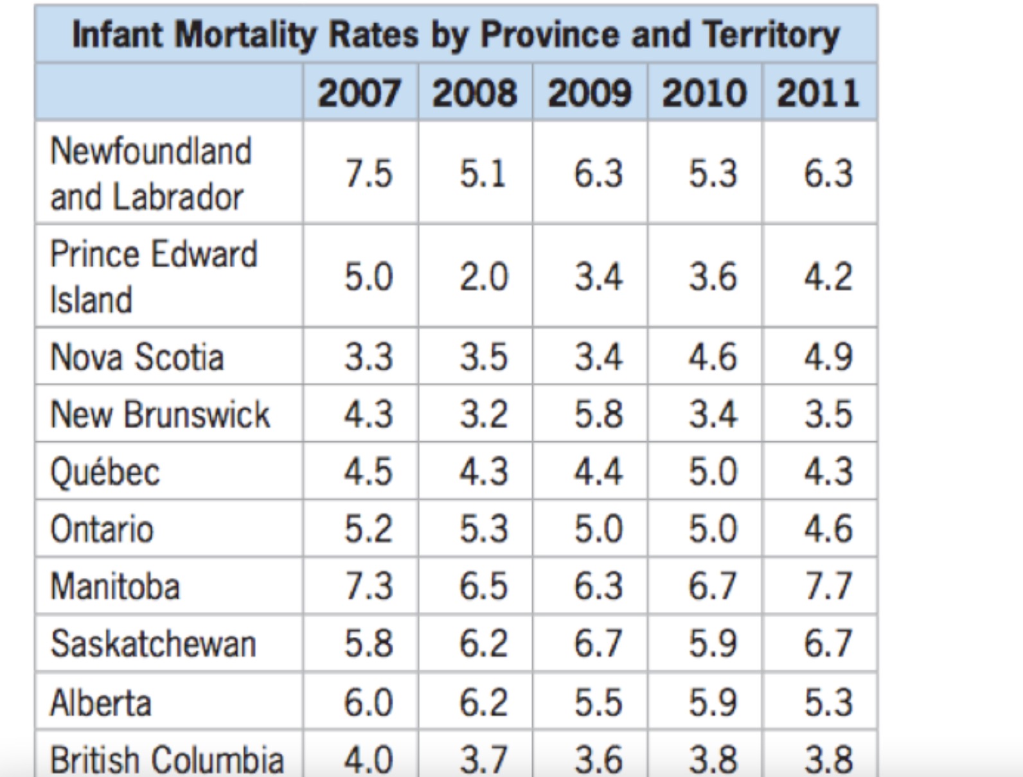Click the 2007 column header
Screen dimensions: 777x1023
point(359,92)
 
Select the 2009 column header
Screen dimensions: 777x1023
point(589,92)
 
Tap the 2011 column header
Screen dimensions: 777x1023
point(818,92)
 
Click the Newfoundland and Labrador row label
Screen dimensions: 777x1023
point(150,173)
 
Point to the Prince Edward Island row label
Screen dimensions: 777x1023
point(153,276)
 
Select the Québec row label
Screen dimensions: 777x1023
point(105,472)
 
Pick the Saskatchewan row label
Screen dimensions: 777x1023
point(153,644)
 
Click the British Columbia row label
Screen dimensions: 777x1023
point(166,760)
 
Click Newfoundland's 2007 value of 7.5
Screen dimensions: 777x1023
point(368,173)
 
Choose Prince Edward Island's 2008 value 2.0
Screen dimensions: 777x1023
point(483,277)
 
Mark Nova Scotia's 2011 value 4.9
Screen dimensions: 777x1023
point(828,357)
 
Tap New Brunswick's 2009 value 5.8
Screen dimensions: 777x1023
point(598,414)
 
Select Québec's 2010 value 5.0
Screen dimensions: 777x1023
point(713,472)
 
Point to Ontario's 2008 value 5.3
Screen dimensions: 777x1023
point(483,529)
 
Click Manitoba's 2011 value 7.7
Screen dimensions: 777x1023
point(828,586)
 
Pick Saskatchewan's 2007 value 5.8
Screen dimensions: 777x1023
point(368,644)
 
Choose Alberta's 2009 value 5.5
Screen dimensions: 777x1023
point(598,702)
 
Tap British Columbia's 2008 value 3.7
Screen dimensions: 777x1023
point(483,760)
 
